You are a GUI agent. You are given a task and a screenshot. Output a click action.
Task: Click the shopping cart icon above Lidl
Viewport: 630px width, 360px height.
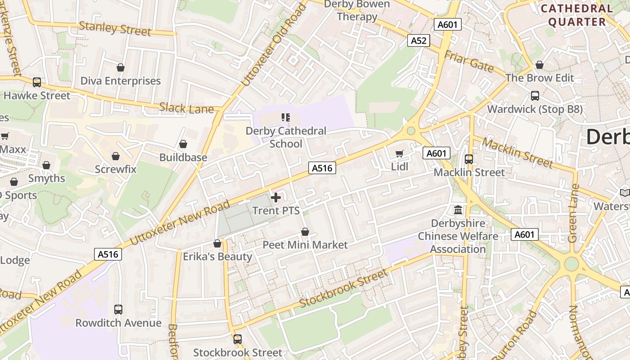click(x=399, y=153)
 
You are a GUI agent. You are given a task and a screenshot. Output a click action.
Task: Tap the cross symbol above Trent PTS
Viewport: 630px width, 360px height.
click(x=276, y=197)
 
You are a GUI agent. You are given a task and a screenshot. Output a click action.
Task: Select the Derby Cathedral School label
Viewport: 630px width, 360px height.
click(x=286, y=137)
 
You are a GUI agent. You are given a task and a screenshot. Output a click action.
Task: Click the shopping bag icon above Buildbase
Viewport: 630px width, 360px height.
click(x=183, y=144)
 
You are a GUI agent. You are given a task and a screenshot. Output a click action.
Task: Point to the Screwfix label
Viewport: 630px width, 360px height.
click(x=116, y=169)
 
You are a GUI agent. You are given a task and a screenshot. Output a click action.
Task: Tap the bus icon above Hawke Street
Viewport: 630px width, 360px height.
click(x=37, y=82)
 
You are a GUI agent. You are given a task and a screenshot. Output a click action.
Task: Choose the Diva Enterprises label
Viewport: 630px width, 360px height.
click(x=120, y=81)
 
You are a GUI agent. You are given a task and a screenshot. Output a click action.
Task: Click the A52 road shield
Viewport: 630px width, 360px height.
click(x=418, y=40)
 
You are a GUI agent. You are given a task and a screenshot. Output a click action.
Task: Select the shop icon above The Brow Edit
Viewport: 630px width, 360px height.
click(x=540, y=65)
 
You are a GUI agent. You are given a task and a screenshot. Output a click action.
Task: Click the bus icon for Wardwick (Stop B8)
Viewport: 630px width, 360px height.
click(x=535, y=96)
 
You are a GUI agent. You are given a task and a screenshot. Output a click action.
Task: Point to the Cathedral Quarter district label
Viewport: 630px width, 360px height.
click(x=577, y=15)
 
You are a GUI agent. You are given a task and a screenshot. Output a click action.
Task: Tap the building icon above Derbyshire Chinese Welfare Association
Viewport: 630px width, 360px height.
click(x=458, y=210)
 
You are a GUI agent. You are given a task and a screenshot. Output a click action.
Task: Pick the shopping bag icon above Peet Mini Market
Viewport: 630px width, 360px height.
click(x=305, y=232)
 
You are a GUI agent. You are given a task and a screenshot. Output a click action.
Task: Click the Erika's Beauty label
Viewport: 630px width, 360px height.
click(x=217, y=256)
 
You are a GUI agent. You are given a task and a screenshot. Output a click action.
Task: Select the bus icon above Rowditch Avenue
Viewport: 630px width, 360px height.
click(x=118, y=310)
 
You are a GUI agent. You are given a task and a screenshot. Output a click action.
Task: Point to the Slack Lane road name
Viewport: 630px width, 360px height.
click(x=186, y=108)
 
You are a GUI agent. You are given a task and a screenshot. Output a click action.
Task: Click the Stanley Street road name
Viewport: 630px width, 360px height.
click(x=115, y=28)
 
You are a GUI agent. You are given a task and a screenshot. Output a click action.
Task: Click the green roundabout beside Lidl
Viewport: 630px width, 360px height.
click(x=411, y=131)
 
